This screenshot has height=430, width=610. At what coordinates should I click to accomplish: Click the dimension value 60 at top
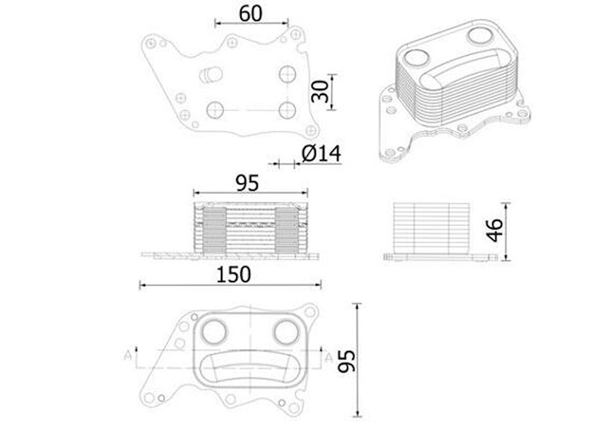tap(251, 13)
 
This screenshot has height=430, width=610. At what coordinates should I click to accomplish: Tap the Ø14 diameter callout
tap(321, 153)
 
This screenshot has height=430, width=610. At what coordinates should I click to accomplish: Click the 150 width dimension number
tap(234, 274)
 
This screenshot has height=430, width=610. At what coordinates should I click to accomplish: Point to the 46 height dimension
tap(495, 231)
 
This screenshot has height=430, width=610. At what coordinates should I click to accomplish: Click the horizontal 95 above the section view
tap(247, 183)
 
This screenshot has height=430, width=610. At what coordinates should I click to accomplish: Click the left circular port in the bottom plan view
tap(214, 331)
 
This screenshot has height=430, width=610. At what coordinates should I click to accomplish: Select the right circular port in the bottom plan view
tap(286, 331)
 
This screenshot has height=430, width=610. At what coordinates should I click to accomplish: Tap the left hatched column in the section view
tap(215, 229)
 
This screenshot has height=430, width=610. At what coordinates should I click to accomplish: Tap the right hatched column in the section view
tap(286, 229)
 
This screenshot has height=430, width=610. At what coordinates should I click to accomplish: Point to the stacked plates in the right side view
tap(431, 227)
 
